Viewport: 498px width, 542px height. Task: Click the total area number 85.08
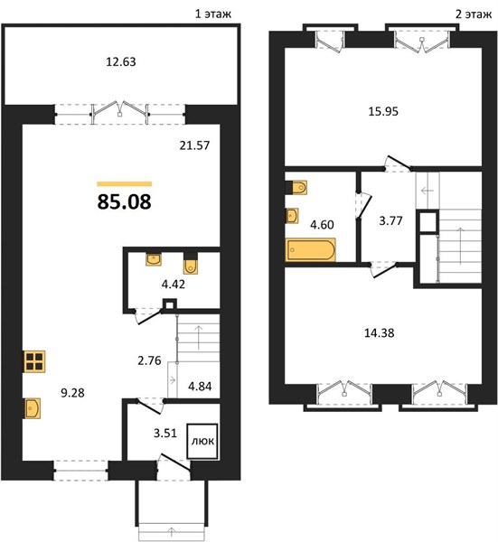124,201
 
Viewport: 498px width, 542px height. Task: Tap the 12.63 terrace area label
121,61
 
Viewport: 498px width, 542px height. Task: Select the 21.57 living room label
194,145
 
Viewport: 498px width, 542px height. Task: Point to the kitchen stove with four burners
34,361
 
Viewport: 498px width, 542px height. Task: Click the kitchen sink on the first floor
33,408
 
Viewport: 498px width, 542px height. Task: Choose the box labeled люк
202,442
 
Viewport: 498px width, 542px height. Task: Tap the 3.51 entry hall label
165,433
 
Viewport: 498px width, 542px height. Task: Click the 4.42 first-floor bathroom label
174,285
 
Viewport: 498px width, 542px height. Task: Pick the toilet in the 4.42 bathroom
190,263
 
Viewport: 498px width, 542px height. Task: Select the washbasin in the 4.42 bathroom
154,259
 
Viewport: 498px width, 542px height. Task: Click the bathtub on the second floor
311,249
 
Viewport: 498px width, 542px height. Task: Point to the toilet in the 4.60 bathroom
296,187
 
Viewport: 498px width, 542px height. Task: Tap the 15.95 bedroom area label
383,112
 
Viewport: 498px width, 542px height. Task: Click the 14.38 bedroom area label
380,333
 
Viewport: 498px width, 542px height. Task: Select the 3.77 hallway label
390,220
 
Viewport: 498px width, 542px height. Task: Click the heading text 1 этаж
213,14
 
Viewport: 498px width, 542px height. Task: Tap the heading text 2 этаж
474,14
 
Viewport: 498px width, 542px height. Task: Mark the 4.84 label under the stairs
200,386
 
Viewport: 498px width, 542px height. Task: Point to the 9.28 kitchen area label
72,393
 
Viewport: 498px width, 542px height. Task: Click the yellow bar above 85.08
125,184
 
